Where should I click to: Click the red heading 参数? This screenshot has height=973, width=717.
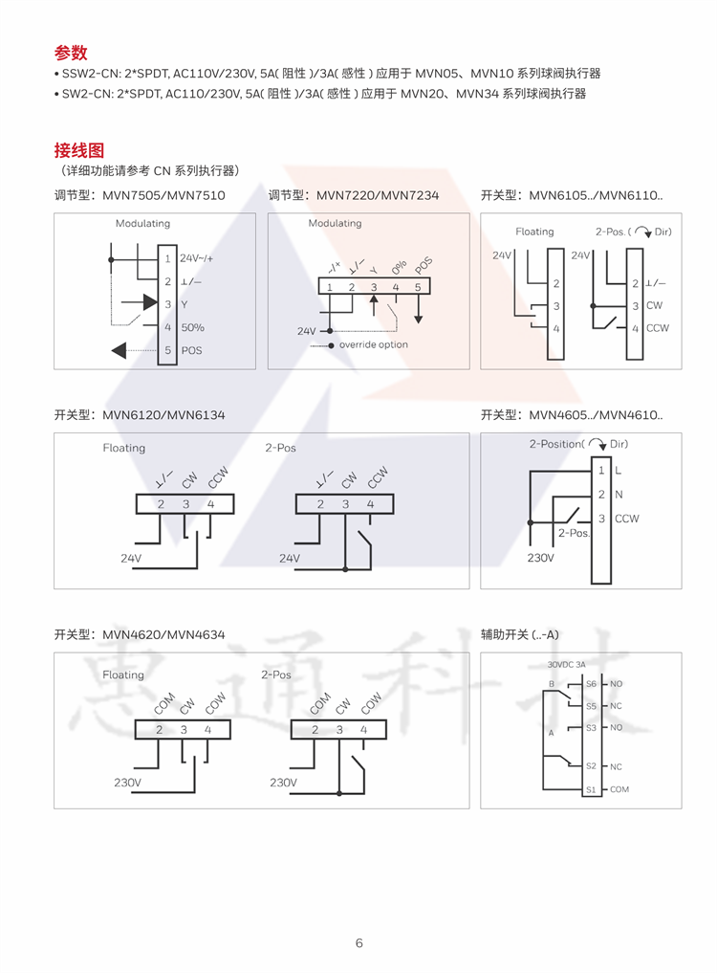[71, 53]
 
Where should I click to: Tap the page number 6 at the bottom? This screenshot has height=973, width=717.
[359, 943]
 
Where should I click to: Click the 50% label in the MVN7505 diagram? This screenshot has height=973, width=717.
[192, 327]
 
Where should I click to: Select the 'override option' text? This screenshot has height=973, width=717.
[373, 344]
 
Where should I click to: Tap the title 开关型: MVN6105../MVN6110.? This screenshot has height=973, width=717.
[571, 195]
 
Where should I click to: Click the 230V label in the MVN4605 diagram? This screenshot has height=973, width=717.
[540, 557]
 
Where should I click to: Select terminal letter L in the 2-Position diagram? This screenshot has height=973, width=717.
[618, 470]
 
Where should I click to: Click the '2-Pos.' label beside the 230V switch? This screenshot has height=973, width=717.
[574, 533]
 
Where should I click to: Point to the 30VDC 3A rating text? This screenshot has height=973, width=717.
[566, 664]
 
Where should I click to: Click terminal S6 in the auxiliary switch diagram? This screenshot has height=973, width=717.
[591, 684]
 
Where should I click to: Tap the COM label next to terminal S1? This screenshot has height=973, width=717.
[619, 789]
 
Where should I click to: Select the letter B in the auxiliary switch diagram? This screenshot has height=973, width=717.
[552, 684]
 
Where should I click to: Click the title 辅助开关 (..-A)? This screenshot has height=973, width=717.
[519, 634]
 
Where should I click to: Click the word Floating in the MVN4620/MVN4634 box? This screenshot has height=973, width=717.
[123, 674]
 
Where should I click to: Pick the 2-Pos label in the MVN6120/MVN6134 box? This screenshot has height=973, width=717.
[280, 448]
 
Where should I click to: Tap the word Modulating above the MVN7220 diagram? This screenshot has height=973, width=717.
[335, 223]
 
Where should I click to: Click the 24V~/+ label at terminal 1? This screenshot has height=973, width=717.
[197, 258]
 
